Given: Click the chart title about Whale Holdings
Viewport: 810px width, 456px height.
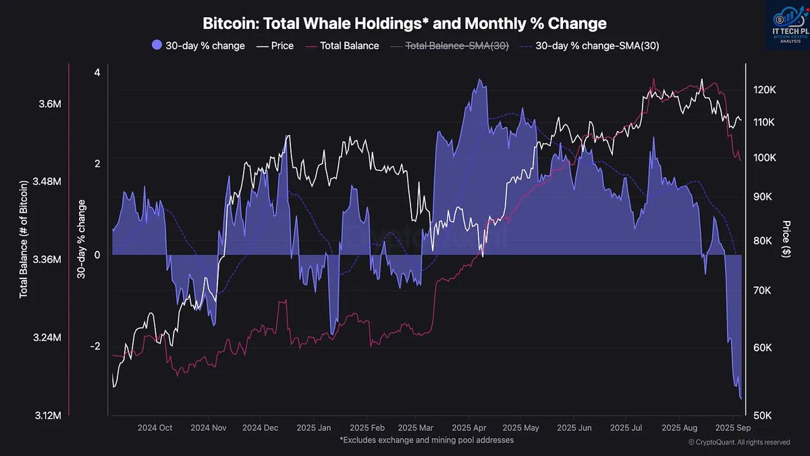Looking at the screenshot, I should pyautogui.click(x=404, y=24).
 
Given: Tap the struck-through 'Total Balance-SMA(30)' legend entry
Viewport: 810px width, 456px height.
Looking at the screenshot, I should pyautogui.click(x=456, y=46).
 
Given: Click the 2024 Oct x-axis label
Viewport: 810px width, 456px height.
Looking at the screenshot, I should pyautogui.click(x=155, y=428).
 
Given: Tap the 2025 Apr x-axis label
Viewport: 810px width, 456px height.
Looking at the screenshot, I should pyautogui.click(x=469, y=428).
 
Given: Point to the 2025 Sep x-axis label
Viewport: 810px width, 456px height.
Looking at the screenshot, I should pyautogui.click(x=734, y=428).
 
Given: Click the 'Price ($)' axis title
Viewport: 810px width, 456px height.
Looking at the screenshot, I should pyautogui.click(x=786, y=238).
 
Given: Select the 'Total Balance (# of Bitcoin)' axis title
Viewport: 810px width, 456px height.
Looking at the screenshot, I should pyautogui.click(x=24, y=238).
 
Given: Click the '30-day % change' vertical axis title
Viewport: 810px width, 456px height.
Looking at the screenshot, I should pyautogui.click(x=82, y=238).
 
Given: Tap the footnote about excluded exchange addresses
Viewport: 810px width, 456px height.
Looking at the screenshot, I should pyautogui.click(x=427, y=440).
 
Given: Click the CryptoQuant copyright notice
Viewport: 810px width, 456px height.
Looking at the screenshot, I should pyautogui.click(x=738, y=442).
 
